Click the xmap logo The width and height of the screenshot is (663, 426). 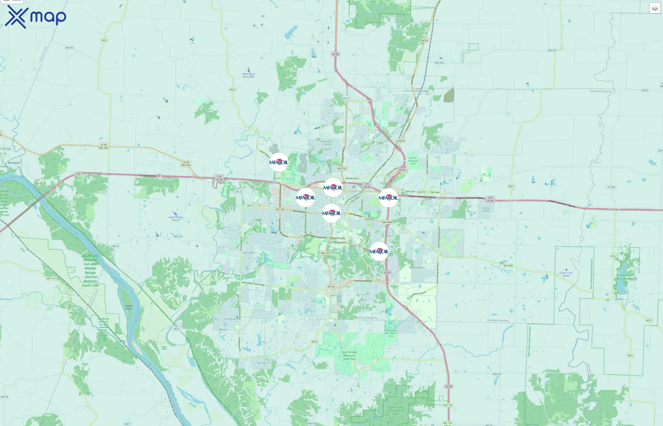click(x=36, y=17)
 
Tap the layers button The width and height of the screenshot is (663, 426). click(x=655, y=8)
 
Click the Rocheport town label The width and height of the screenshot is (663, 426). click(x=14, y=163)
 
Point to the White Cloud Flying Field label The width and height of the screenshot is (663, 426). click(x=248, y=75)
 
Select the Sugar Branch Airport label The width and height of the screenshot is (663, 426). click(x=175, y=218)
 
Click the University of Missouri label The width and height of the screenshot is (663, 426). click(x=338, y=240)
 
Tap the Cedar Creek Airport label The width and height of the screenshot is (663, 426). click(x=566, y=274)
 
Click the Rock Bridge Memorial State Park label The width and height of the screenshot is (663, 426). click(x=349, y=355)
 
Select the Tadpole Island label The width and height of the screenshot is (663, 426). click(x=129, y=307)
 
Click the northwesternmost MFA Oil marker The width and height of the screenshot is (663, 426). click(x=279, y=162)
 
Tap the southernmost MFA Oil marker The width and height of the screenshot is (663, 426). click(x=379, y=251)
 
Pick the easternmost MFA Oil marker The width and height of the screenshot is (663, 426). click(x=388, y=198)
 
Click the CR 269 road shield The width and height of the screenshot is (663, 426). click(x=611, y=187)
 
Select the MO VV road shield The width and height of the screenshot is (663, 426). click(x=346, y=98)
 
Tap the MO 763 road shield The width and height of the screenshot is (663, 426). click(x=342, y=169)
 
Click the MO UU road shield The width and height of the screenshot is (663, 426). click(x=178, y=236)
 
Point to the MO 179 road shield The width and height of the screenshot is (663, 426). click(x=51, y=279)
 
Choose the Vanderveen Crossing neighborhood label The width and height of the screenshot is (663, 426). click(x=327, y=142)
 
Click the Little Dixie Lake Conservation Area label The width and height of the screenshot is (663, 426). click(x=626, y=279)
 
